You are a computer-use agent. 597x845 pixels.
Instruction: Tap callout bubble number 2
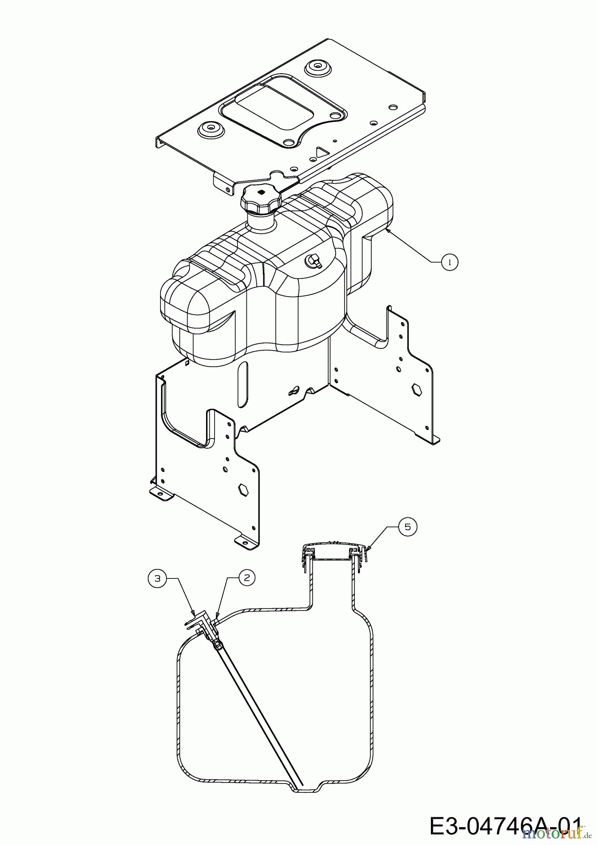tap(247, 578)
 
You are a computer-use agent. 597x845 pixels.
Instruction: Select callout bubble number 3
tap(157, 578)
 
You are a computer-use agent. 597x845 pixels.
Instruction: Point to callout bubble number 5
tap(407, 527)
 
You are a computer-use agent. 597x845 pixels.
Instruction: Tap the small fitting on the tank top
tap(313, 261)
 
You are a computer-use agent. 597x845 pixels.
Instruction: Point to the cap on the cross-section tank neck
tap(334, 553)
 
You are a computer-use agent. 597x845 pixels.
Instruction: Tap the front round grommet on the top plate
tap(211, 130)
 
